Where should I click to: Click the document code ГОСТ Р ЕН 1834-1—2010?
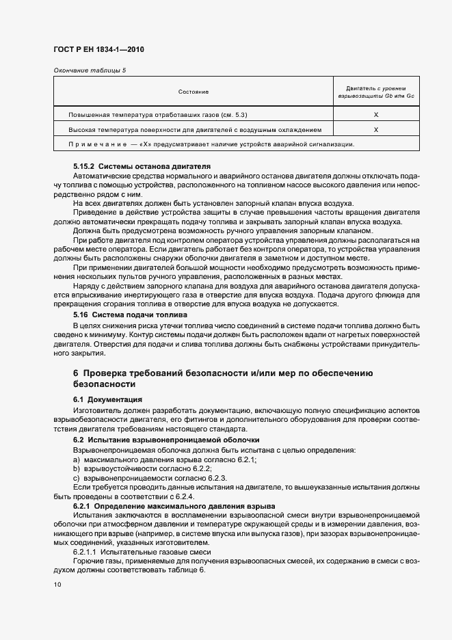98,49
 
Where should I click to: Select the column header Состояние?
194,92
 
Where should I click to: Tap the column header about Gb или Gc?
376,92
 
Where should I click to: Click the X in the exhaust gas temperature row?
377,115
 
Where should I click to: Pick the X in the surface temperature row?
377,129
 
